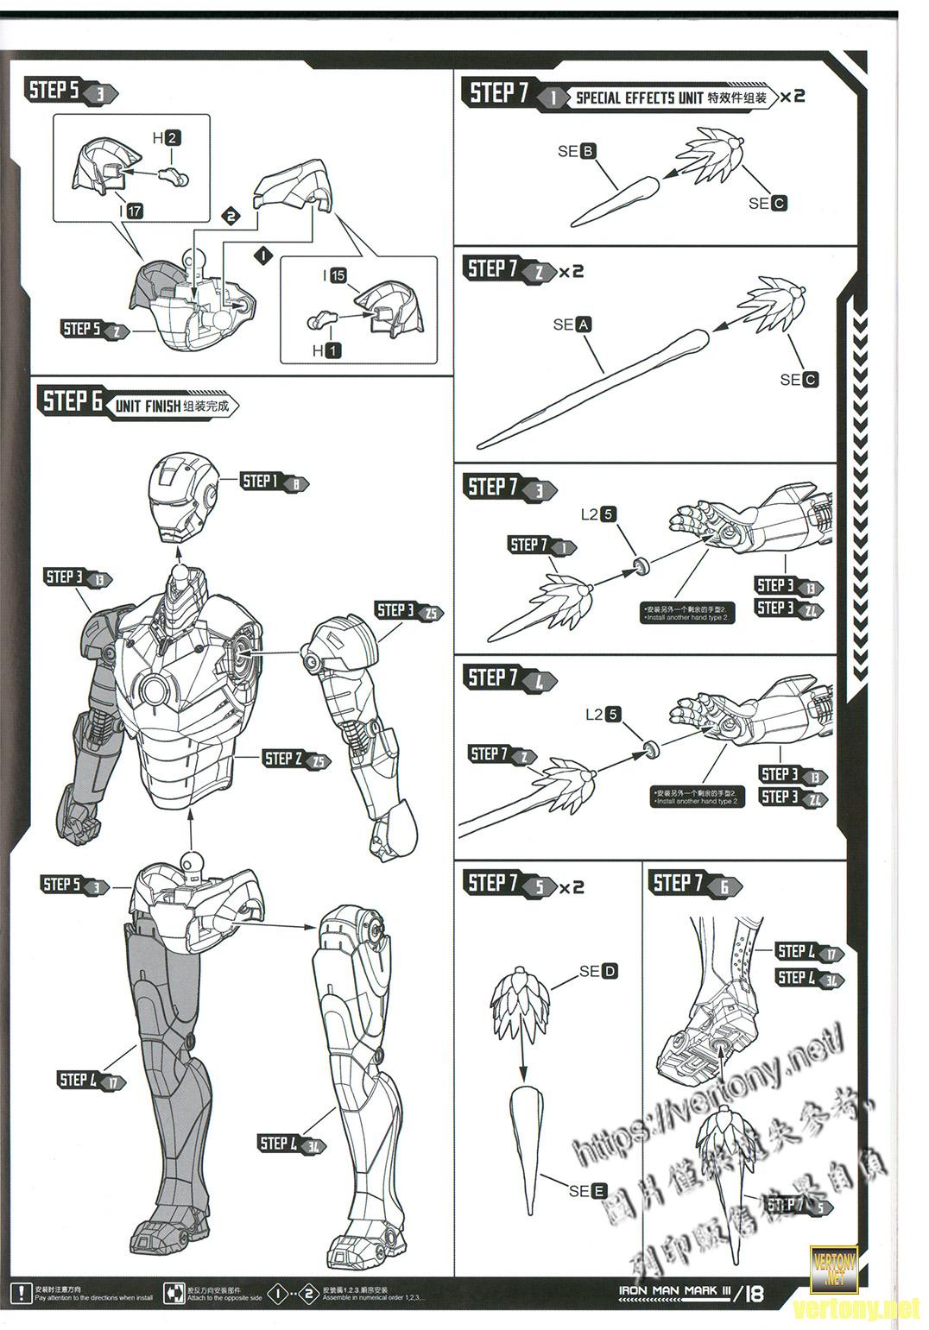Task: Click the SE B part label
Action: (577, 151)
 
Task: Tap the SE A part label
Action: (572, 325)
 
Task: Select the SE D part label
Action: (599, 971)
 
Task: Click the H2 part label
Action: (167, 138)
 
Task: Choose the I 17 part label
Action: (130, 211)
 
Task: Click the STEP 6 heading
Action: (73, 401)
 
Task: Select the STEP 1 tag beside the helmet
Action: (271, 482)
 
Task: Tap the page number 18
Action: (753, 1294)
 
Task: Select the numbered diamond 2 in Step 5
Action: (231, 216)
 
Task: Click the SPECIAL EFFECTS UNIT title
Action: (639, 98)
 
